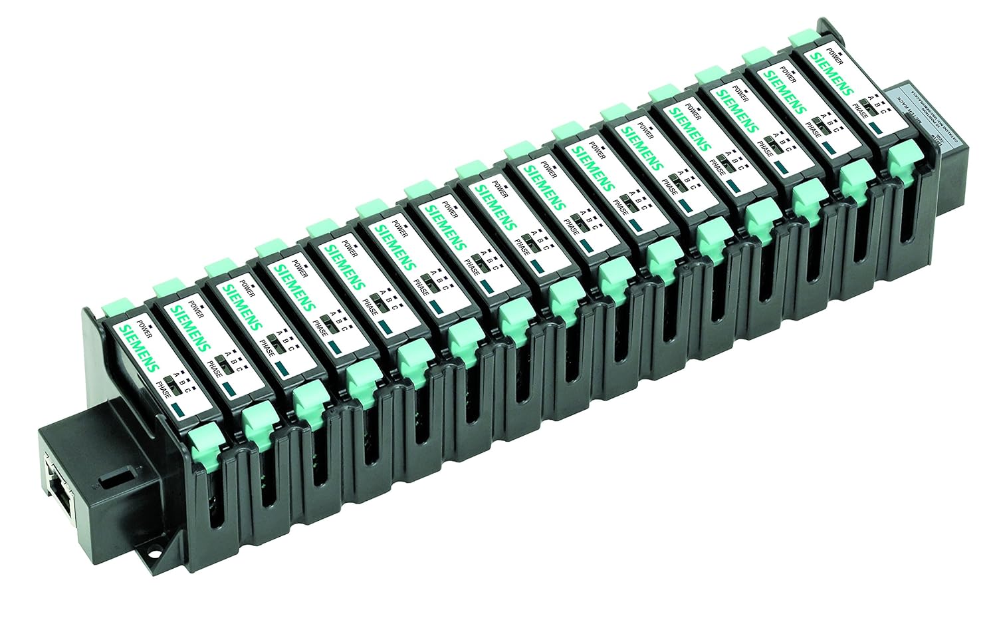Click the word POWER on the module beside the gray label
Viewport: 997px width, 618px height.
tap(835, 56)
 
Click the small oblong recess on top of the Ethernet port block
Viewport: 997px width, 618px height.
tap(106, 478)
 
